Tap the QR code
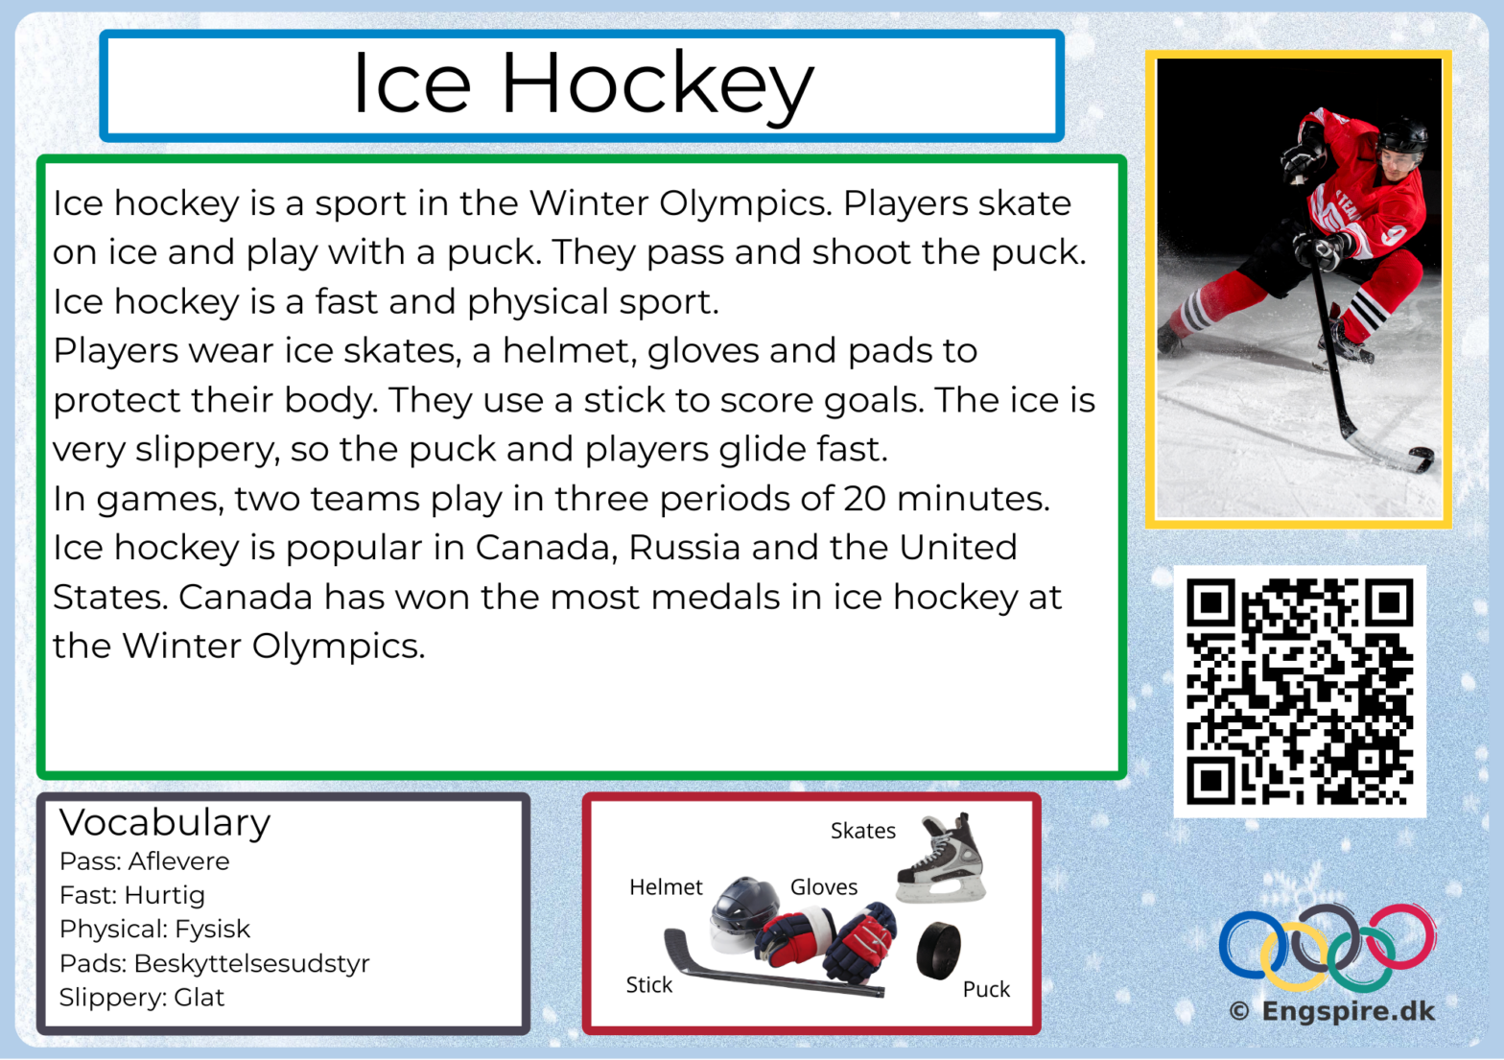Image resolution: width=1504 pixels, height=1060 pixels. (x=1300, y=692)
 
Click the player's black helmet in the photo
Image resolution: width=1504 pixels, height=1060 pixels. (x=1402, y=133)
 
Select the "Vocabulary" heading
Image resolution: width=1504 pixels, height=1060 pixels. (x=165, y=822)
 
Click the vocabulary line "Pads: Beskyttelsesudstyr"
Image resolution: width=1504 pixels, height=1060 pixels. (x=214, y=963)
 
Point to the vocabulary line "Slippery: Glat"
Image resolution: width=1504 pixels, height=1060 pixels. (x=142, y=997)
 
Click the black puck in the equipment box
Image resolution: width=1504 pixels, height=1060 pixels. (x=939, y=951)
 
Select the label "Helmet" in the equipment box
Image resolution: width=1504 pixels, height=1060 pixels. (x=666, y=886)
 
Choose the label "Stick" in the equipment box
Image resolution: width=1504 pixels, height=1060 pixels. (x=648, y=985)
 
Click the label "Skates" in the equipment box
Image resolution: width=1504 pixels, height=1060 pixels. (x=863, y=831)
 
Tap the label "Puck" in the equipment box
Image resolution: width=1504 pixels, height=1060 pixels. (x=986, y=989)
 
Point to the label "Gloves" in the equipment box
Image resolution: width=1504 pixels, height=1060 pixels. (x=824, y=886)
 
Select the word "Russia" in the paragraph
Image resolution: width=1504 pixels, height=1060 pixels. (x=684, y=548)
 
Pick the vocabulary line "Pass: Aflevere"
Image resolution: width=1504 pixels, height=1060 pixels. (x=144, y=861)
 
